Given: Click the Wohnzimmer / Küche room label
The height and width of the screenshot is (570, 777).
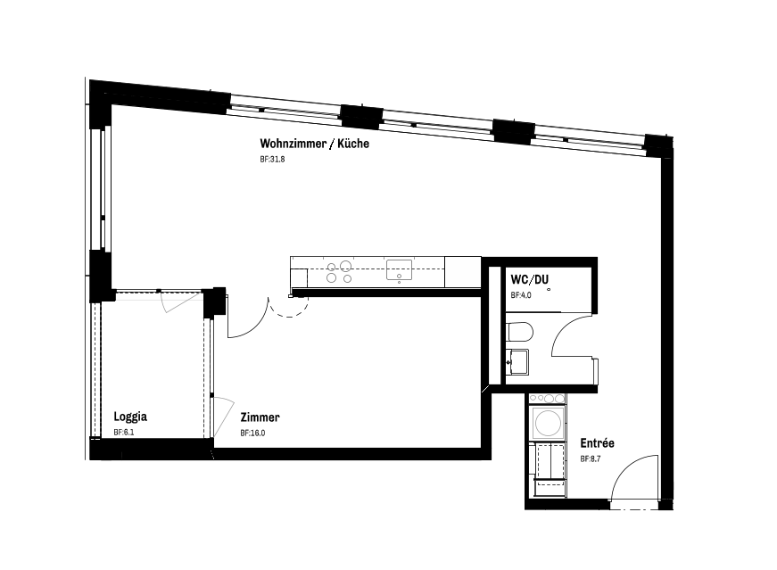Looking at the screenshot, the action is click(x=314, y=144).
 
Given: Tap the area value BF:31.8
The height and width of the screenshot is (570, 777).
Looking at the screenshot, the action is click(x=272, y=160).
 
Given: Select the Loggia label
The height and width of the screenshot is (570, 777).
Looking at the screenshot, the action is click(x=130, y=417).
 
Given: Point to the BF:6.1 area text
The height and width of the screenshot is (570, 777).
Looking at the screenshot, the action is click(x=124, y=433).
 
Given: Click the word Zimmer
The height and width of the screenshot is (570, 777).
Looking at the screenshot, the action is click(x=260, y=417).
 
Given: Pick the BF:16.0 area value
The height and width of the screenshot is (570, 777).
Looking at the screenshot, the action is click(x=252, y=434).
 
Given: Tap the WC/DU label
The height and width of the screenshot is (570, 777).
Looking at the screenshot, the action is click(x=530, y=279).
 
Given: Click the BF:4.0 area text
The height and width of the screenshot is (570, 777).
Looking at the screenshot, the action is click(x=521, y=295).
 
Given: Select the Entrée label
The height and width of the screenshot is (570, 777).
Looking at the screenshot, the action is click(x=597, y=443).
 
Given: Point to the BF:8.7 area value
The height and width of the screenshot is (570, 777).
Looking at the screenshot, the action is click(x=591, y=459).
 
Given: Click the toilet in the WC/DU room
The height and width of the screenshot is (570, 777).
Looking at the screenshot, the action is click(x=519, y=332).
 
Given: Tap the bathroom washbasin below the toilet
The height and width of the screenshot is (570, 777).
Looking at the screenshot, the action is click(x=517, y=362).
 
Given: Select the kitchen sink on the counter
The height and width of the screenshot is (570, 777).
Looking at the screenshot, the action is click(x=399, y=270).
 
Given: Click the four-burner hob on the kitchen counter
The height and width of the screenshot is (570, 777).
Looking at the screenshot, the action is click(x=339, y=272).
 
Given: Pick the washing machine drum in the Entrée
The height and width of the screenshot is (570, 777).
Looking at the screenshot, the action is click(x=547, y=424).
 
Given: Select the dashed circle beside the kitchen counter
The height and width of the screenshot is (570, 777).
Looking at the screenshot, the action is click(x=289, y=306).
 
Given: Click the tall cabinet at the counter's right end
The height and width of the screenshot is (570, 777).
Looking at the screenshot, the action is click(x=463, y=271).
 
